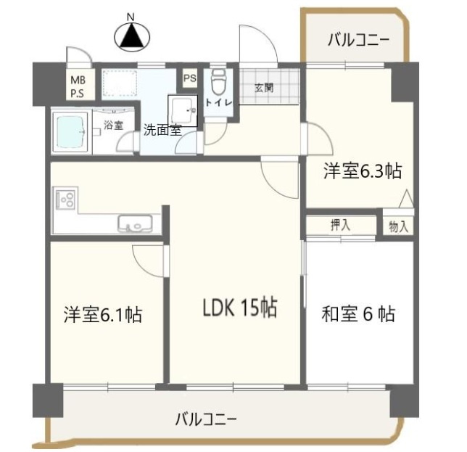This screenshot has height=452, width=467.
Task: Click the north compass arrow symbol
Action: pyautogui.click(x=132, y=37)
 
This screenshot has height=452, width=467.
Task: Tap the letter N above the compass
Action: pyautogui.click(x=131, y=16)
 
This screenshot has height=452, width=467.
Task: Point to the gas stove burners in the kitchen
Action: pyautogui.click(x=66, y=198)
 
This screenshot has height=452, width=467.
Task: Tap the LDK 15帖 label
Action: pyautogui.click(x=239, y=309)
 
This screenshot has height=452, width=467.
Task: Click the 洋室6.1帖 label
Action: pyautogui.click(x=102, y=315)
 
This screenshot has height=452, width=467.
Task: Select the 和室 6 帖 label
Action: pyautogui.click(x=358, y=315)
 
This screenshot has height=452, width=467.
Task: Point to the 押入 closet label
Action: pyautogui.click(x=340, y=225)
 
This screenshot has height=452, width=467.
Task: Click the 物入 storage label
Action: pyautogui.click(x=398, y=226)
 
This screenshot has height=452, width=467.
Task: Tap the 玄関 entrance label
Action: pyautogui.click(x=264, y=88)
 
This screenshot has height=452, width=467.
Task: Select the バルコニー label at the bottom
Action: pyautogui.click(x=206, y=419)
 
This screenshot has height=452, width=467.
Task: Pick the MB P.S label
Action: pyautogui.click(x=77, y=86)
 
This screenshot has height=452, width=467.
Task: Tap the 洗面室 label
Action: pyautogui.click(x=161, y=131)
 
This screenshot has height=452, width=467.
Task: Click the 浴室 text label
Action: pyautogui.click(x=113, y=125)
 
